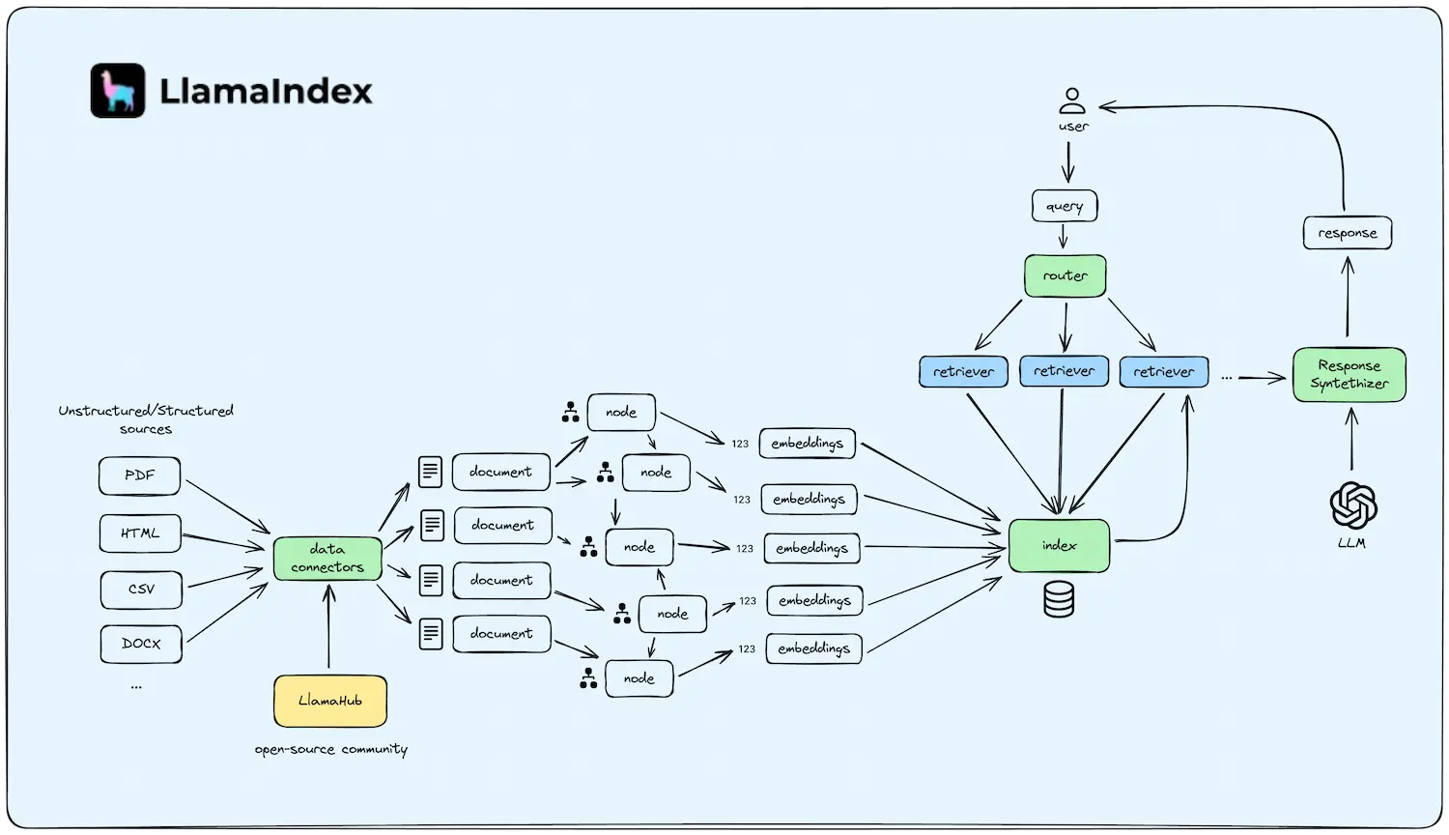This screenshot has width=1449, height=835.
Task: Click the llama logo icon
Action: [118, 91]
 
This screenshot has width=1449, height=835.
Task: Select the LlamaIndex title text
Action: [266, 92]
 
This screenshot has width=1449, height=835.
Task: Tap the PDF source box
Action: [140, 475]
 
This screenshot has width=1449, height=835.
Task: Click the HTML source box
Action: [140, 533]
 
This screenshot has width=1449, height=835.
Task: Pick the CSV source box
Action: [141, 590]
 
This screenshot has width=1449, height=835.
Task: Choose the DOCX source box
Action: [141, 644]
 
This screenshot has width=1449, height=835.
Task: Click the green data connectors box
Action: [327, 559]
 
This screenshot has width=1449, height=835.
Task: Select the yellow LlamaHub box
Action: [330, 701]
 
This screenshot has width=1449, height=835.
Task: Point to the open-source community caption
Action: [331, 749]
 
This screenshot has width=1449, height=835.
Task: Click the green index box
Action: [1059, 546]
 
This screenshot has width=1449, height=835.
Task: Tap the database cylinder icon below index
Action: [1059, 599]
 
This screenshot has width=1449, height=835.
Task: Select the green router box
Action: [1065, 276]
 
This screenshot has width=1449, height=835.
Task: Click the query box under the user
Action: [1065, 206]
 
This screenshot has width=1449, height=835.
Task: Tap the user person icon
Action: [1072, 101]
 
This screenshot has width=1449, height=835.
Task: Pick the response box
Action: [1348, 233]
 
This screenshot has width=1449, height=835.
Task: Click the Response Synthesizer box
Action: [1350, 375]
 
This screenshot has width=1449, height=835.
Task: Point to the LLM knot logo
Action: [1352, 505]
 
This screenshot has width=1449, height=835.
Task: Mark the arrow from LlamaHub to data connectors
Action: [329, 628]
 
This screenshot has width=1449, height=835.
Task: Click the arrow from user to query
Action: [1067, 161]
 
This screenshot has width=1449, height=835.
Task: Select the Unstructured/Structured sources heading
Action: [146, 419]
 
